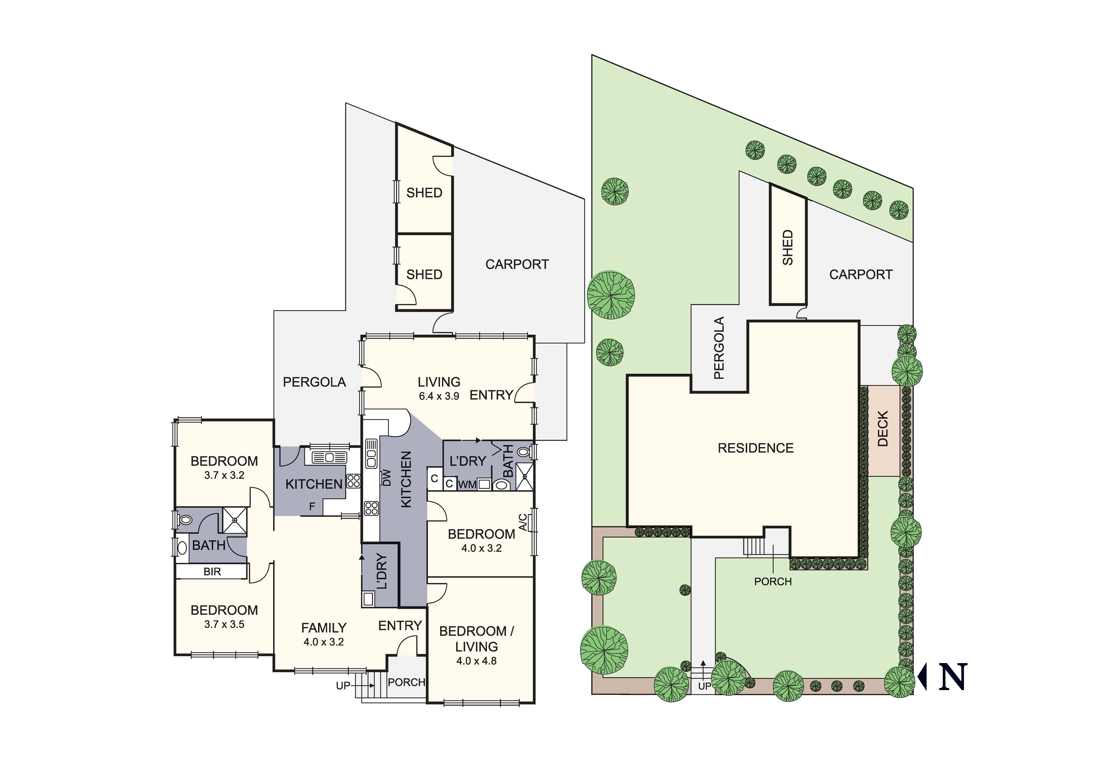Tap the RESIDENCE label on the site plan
pyautogui.click(x=756, y=448)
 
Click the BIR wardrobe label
pyautogui.click(x=212, y=572)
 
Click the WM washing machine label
pyautogui.click(x=467, y=484)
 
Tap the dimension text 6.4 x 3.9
pyautogui.click(x=439, y=396)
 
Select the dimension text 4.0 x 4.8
pyautogui.click(x=476, y=661)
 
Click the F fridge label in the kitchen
pyautogui.click(x=312, y=506)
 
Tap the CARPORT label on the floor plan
pyautogui.click(x=517, y=264)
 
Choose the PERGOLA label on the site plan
pyautogui.click(x=719, y=348)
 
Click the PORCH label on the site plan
pyautogui.click(x=773, y=581)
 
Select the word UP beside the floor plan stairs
pyautogui.click(x=343, y=686)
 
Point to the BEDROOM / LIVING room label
pyautogui.click(x=476, y=638)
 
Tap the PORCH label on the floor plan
pyautogui.click(x=406, y=682)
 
